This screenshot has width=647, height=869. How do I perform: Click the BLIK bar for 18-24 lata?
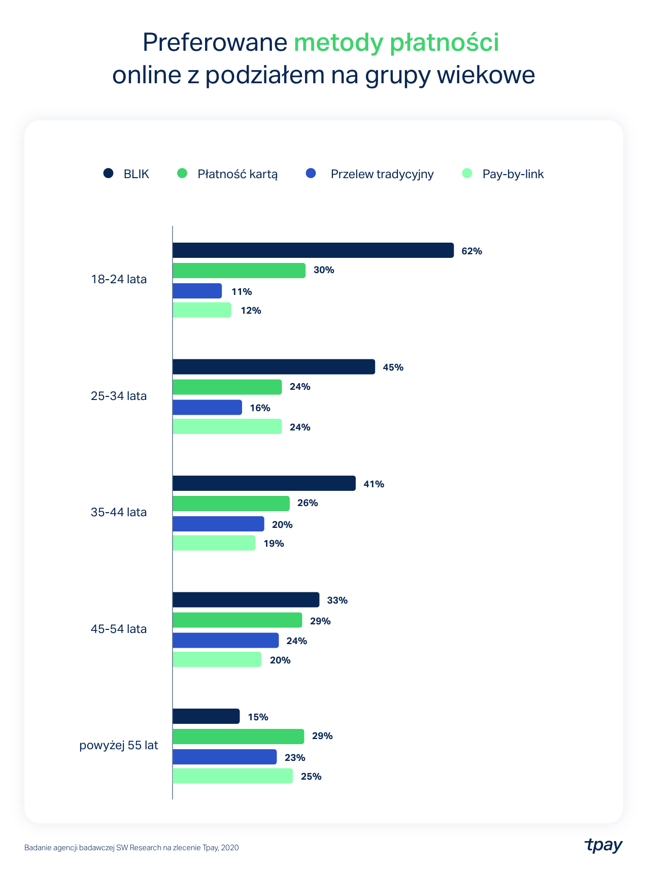pyautogui.click(x=313, y=250)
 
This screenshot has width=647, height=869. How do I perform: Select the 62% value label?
pyautogui.click(x=471, y=251)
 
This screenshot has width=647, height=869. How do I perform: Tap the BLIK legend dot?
pyautogui.click(x=108, y=174)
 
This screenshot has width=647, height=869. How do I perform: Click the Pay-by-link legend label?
pyautogui.click(x=513, y=174)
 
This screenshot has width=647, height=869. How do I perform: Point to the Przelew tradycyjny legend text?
pyautogui.click(x=382, y=174)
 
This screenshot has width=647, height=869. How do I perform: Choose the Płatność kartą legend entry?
pyautogui.click(x=237, y=174)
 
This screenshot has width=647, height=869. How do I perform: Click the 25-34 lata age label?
pyautogui.click(x=119, y=396)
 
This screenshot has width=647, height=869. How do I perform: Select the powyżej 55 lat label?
pyautogui.click(x=119, y=746)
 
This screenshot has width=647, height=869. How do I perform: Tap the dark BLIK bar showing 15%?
pyautogui.click(x=206, y=716)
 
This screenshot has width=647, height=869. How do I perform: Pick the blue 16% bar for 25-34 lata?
pyautogui.click(x=207, y=407)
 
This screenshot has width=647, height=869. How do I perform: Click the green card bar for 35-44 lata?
pyautogui.click(x=231, y=504)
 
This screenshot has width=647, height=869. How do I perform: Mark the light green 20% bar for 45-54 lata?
pyautogui.click(x=217, y=659)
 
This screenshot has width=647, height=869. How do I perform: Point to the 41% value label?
pyautogui.click(x=373, y=484)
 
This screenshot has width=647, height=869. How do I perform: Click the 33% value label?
pyautogui.click(x=337, y=600)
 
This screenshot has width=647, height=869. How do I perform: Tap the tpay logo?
pyautogui.click(x=603, y=846)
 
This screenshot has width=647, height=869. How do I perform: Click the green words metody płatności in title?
pyautogui.click(x=396, y=43)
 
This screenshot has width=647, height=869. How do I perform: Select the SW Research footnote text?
pyautogui.click(x=131, y=848)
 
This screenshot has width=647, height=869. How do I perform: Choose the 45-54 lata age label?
pyautogui.click(x=119, y=629)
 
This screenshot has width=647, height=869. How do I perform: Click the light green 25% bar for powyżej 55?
pyautogui.click(x=232, y=776)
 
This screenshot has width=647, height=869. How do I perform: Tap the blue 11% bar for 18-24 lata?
pyautogui.click(x=197, y=291)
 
